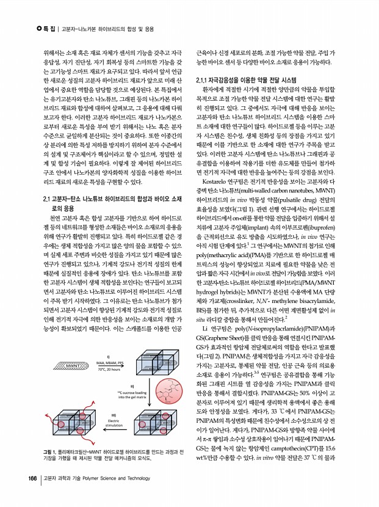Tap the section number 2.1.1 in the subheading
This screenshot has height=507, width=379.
[203, 80]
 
